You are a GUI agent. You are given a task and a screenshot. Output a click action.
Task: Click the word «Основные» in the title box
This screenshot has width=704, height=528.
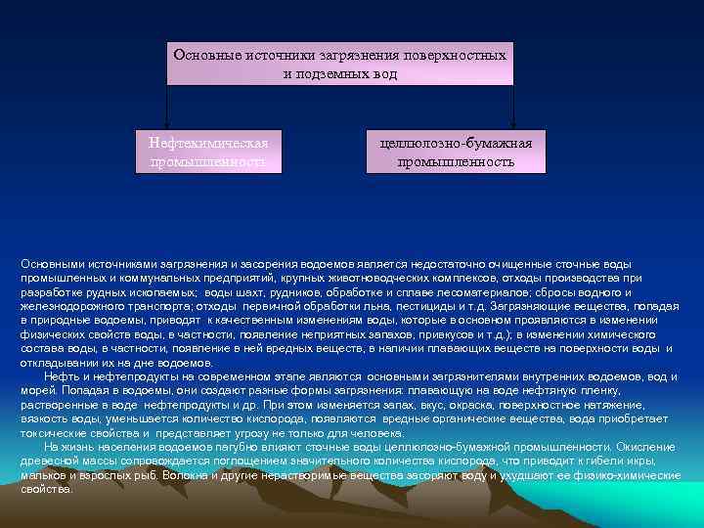coord(200,55)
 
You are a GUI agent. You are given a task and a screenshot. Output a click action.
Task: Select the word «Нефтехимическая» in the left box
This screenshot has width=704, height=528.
coord(208,143)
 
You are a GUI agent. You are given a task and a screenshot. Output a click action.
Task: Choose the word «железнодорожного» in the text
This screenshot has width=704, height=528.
coord(67,306)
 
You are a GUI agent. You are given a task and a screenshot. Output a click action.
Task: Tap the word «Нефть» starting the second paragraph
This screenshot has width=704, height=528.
coord(61,376)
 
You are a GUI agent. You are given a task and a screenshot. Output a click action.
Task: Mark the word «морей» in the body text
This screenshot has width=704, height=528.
coord(35,390)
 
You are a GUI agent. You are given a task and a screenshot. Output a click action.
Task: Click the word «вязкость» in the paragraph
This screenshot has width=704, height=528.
coord(42,418)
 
